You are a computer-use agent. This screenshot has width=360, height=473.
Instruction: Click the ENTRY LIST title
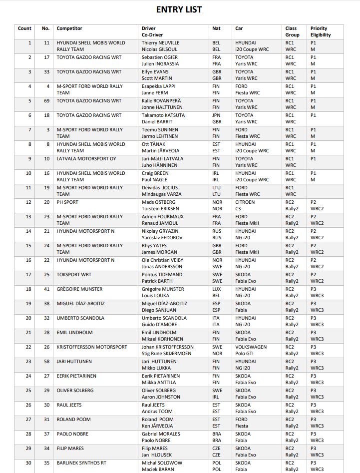click(179, 9)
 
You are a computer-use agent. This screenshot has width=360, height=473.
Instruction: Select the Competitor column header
click(69, 28)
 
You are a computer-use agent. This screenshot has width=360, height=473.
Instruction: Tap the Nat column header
click(216, 28)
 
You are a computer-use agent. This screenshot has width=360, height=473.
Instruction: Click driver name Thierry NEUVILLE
click(160, 43)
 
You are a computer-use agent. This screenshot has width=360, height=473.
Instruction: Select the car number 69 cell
click(46, 101)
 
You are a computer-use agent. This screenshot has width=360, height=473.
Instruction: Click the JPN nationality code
click(216, 115)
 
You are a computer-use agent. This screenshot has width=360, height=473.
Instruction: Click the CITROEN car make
click(245, 202)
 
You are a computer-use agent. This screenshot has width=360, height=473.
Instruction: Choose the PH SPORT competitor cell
click(67, 202)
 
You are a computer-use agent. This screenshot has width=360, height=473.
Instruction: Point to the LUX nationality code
click(216, 289)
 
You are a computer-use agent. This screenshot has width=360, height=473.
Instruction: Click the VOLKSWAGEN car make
click(251, 347)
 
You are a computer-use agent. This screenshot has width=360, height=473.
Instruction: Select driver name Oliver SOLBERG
click(159, 391)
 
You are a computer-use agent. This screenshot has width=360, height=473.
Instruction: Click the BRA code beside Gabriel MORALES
click(216, 434)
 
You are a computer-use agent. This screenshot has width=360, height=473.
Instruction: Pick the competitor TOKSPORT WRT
click(73, 275)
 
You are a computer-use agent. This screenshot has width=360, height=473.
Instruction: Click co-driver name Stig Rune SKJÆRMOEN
click(167, 354)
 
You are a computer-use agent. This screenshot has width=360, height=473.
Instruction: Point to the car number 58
click(46, 362)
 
